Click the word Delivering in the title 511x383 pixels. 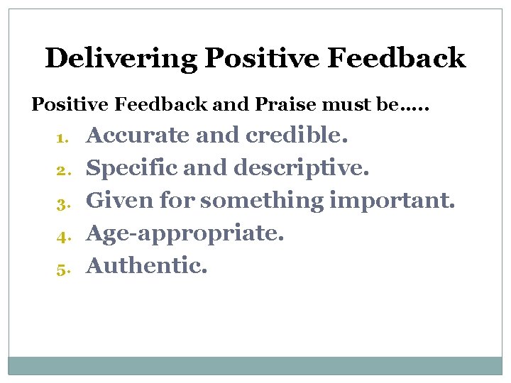(x=121, y=58)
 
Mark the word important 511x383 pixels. (x=392, y=201)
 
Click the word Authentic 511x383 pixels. (x=147, y=266)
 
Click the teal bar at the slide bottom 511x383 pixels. (x=255, y=365)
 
